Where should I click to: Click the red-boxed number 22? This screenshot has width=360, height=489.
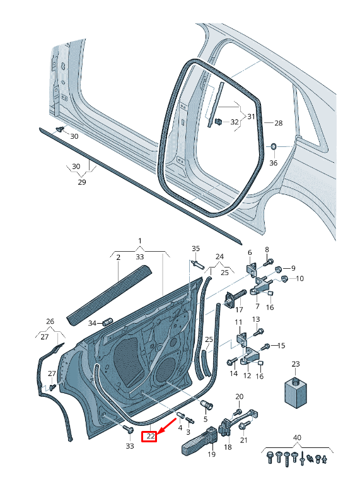(x=149, y=435)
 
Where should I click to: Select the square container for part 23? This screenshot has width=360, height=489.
(x=295, y=393)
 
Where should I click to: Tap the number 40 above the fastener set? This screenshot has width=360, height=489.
(x=296, y=438)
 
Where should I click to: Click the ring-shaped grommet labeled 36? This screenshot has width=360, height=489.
(x=274, y=147)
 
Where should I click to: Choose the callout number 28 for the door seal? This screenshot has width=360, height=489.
(x=278, y=123)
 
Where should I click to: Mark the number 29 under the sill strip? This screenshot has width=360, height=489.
(x=81, y=182)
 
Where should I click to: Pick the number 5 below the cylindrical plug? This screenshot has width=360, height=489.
(x=205, y=420)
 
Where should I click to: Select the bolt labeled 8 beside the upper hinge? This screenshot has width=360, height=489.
(x=269, y=261)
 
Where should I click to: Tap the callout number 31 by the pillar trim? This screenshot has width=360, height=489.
(x=251, y=116)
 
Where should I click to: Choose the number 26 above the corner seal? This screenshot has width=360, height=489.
(x=50, y=322)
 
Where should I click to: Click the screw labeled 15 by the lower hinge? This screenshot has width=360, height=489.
(x=267, y=346)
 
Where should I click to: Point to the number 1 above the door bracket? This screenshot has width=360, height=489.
(x=140, y=242)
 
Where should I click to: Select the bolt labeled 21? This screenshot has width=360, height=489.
(x=243, y=426)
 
